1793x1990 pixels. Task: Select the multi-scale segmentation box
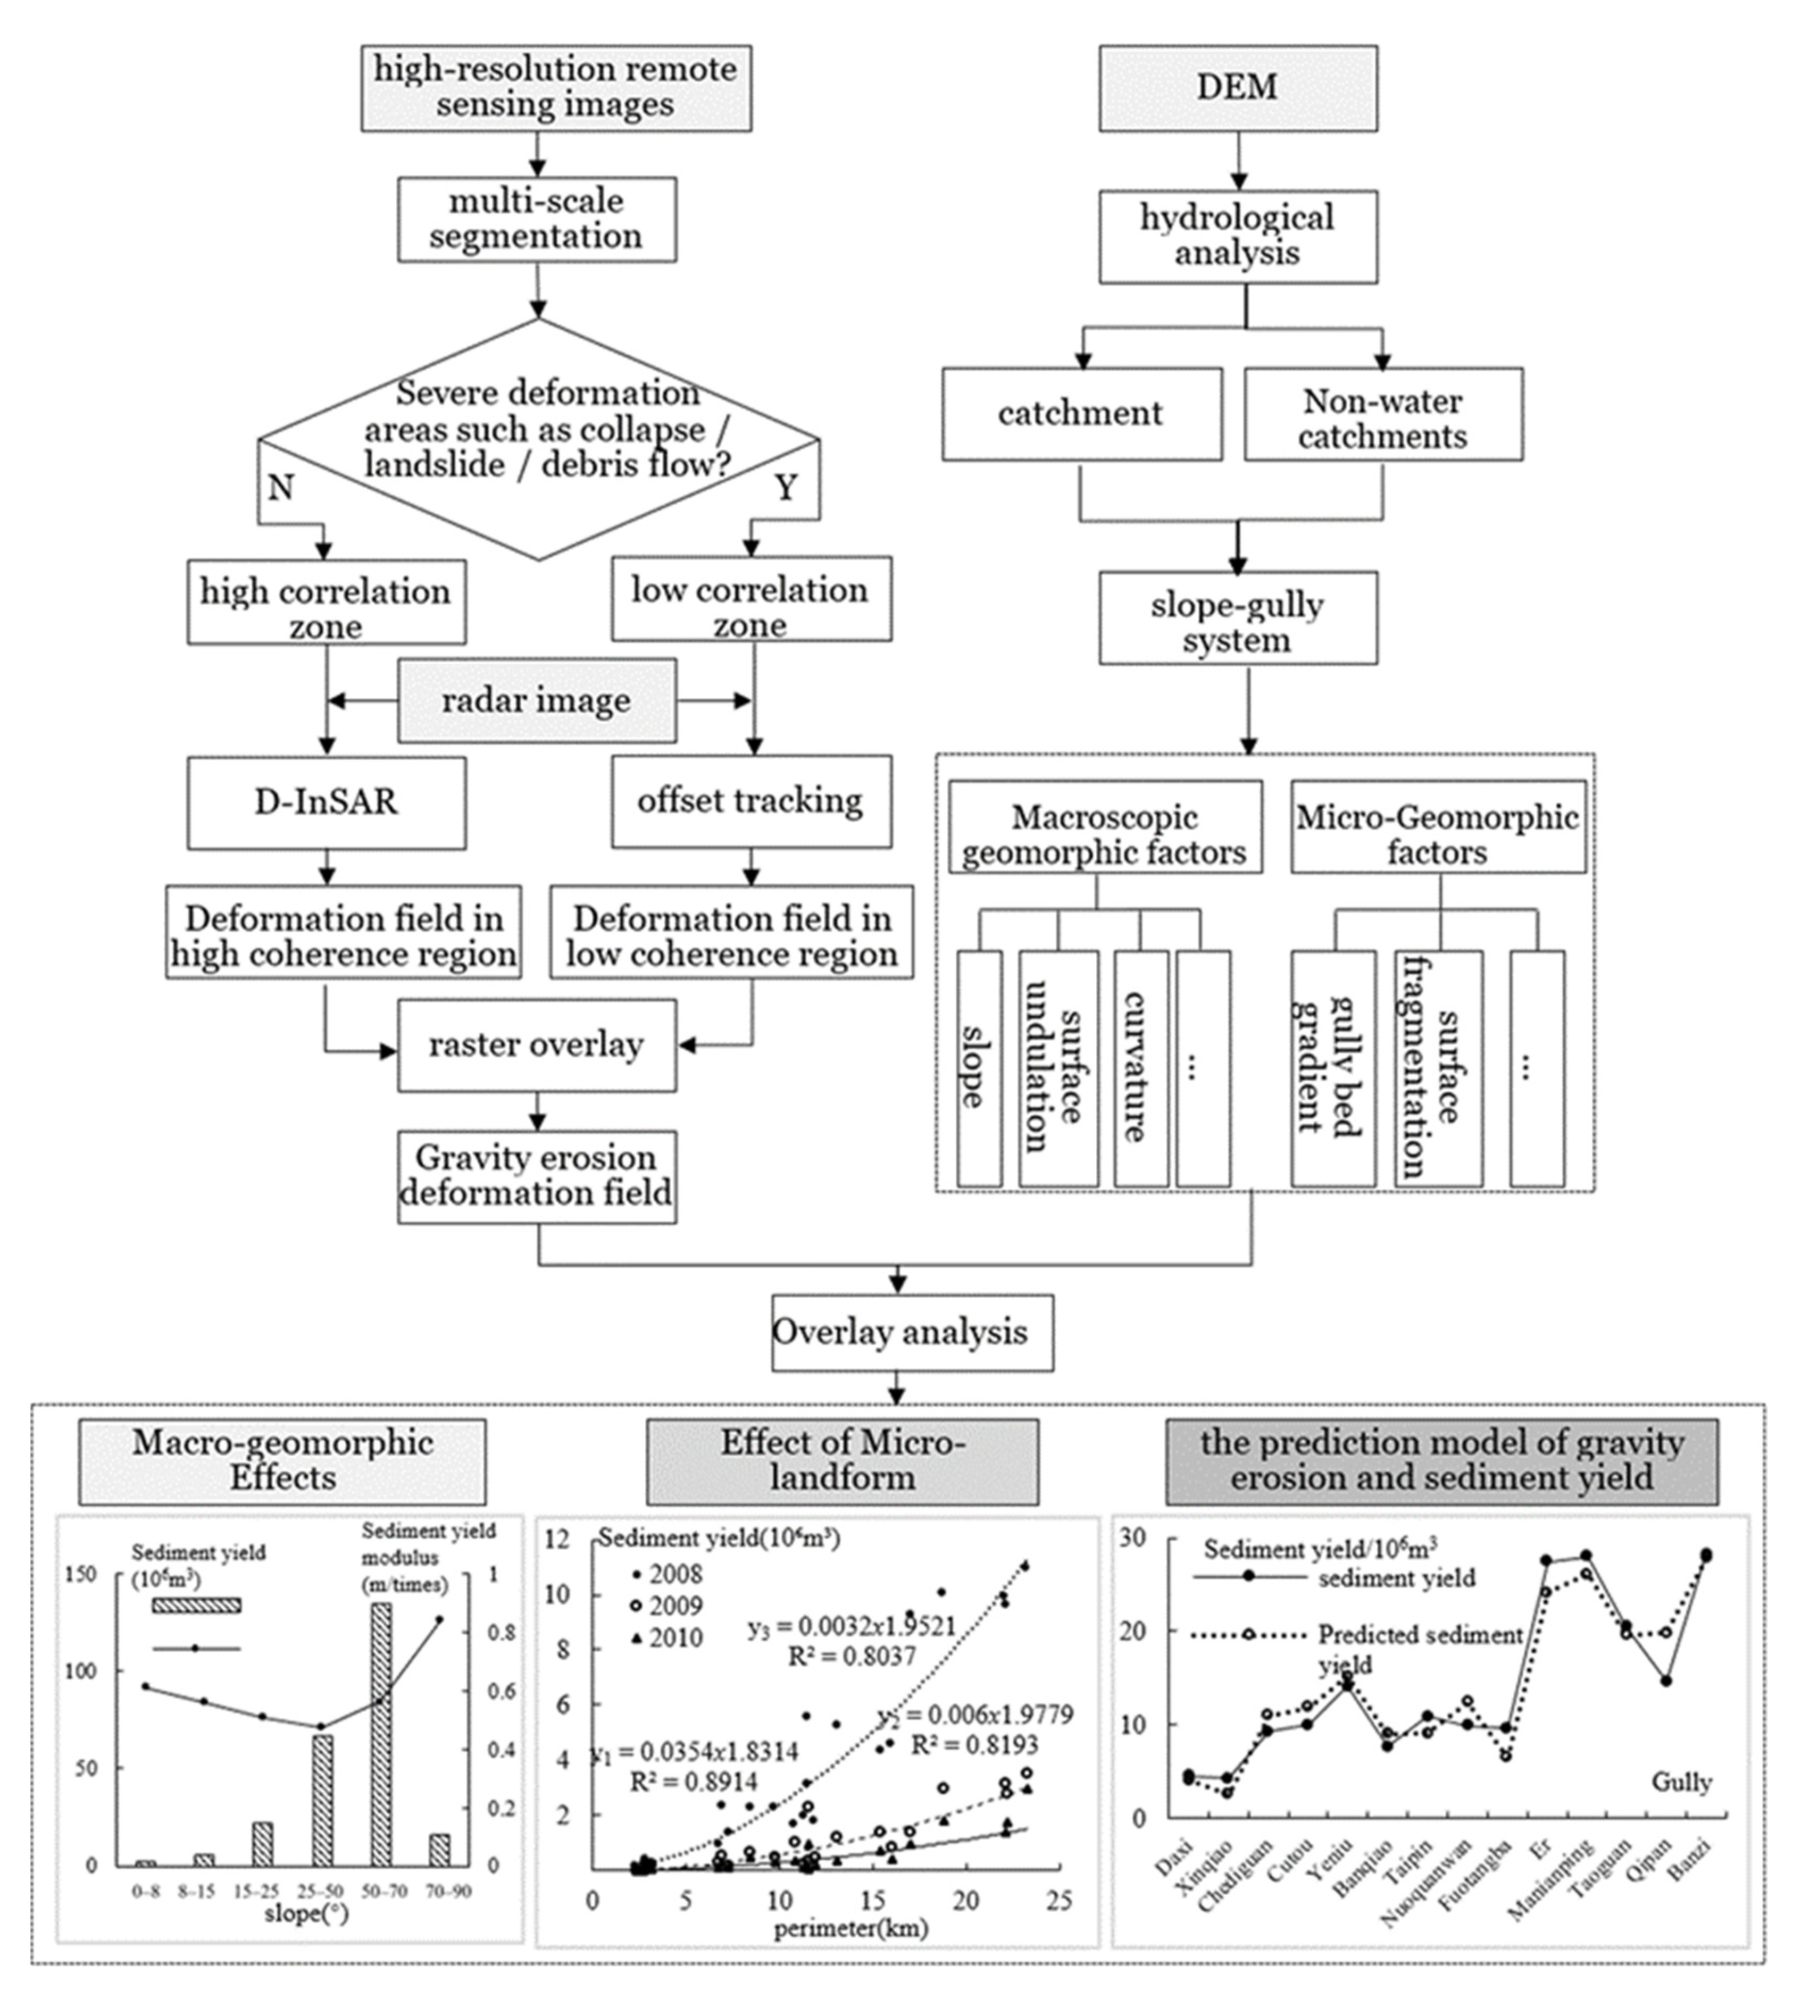[x=537, y=219]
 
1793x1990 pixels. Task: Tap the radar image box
[x=537, y=700]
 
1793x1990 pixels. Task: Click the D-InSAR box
[x=326, y=802]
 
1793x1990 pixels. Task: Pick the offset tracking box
[x=750, y=801]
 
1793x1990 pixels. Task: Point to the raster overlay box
[x=537, y=1045]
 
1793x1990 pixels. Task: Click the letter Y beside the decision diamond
[x=785, y=487]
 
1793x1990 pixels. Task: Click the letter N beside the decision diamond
[x=281, y=487]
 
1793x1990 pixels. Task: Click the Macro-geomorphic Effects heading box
[x=283, y=1460]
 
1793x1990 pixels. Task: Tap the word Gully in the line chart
[x=1681, y=1781]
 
